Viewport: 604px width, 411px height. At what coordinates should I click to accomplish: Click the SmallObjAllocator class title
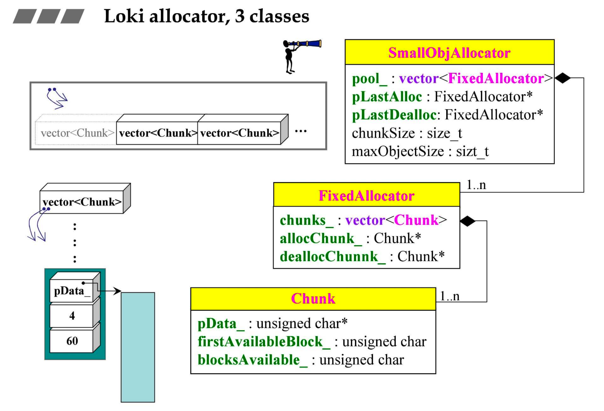pyautogui.click(x=449, y=53)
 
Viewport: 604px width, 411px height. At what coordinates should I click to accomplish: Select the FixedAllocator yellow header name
pyautogui.click(x=366, y=196)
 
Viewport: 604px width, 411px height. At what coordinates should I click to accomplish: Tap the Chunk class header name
pyautogui.click(x=313, y=299)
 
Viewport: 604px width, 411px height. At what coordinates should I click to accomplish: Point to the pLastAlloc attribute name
pyautogui.click(x=387, y=97)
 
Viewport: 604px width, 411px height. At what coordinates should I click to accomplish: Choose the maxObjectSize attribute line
pyautogui.click(x=420, y=152)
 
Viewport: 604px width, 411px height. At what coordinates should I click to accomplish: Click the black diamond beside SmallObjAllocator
pyautogui.click(x=563, y=78)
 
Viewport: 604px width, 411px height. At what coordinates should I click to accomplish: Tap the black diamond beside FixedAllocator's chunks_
pyautogui.click(x=468, y=221)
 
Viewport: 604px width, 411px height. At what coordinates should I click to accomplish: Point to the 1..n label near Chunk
pyautogui.click(x=450, y=296)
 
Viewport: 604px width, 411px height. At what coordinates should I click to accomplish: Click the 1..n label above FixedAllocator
pyautogui.click(x=476, y=185)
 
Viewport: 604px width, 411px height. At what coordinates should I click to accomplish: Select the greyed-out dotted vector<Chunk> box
pyautogui.click(x=76, y=133)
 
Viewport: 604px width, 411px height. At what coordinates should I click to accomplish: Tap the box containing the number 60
pyautogui.click(x=72, y=341)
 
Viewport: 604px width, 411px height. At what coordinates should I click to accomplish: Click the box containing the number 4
pyautogui.click(x=72, y=316)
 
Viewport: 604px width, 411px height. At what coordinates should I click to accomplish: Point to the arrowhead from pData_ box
pyautogui.click(x=118, y=291)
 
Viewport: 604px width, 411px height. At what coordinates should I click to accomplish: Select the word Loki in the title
pyautogui.click(x=124, y=16)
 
